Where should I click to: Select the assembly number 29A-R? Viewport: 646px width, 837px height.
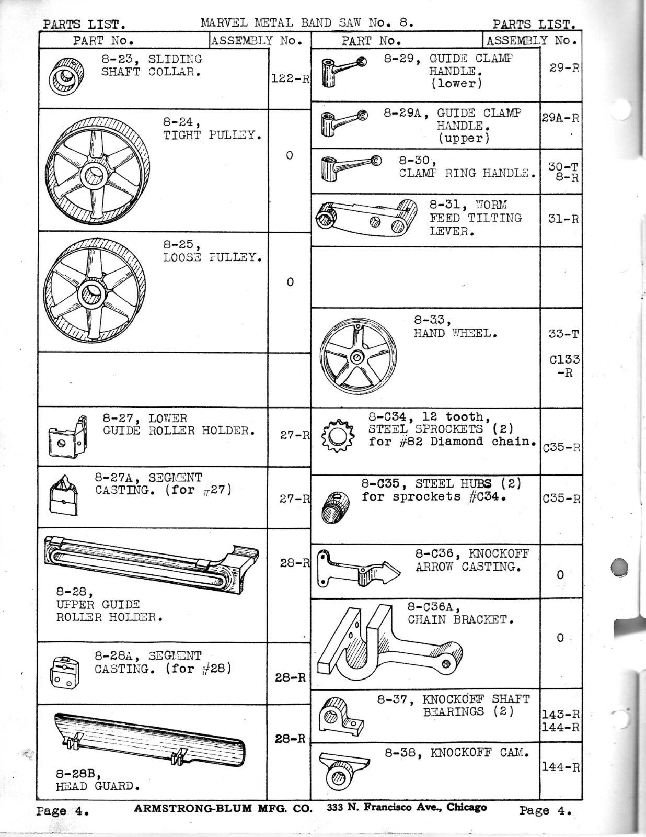pos(560,118)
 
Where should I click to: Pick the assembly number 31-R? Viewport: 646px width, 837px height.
pos(563,219)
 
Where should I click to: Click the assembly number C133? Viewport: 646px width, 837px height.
pos(564,360)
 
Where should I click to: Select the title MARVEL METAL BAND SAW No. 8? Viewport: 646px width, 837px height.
pos(307,22)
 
